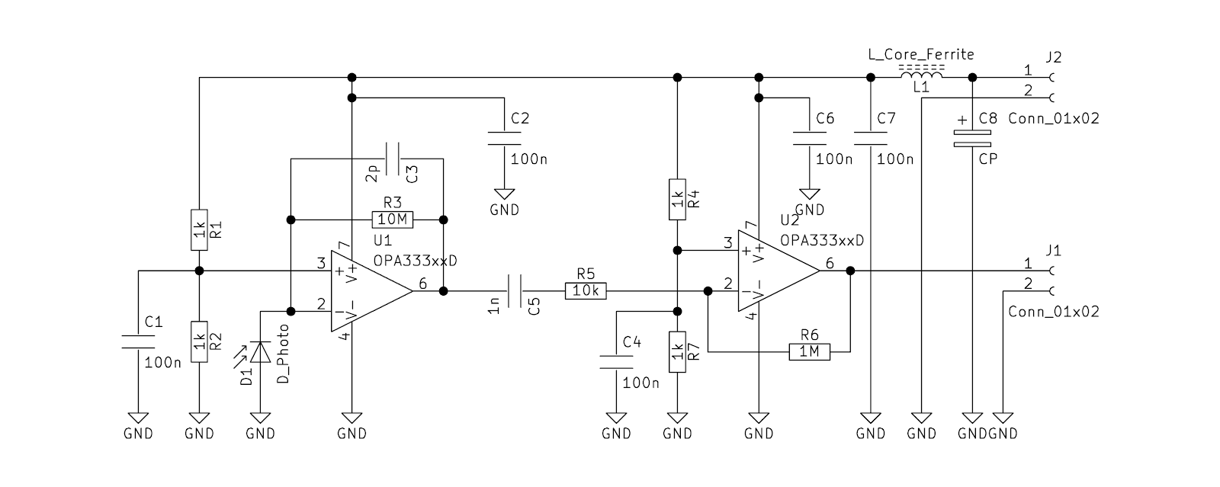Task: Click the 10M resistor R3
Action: coord(392,219)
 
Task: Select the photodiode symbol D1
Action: coord(260,352)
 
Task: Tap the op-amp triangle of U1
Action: coord(371,291)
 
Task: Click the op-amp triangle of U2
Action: coord(779,271)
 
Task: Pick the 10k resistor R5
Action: coord(586,291)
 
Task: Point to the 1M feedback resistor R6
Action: coord(809,352)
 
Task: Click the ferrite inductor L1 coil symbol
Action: coord(921,73)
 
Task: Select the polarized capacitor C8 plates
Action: coord(972,139)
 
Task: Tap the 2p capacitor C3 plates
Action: coord(392,159)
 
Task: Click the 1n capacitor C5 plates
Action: coord(514,291)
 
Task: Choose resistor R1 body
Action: coord(199,229)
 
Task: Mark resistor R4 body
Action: coord(677,199)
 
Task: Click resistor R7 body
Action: coord(677,352)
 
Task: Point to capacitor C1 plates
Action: coord(138,341)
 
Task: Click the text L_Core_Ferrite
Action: coord(921,54)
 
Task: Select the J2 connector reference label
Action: coord(1054,57)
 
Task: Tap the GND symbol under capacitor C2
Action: coord(504,194)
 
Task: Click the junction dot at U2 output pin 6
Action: coord(850,271)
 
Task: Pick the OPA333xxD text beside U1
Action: coord(415,261)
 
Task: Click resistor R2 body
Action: coord(199,341)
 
